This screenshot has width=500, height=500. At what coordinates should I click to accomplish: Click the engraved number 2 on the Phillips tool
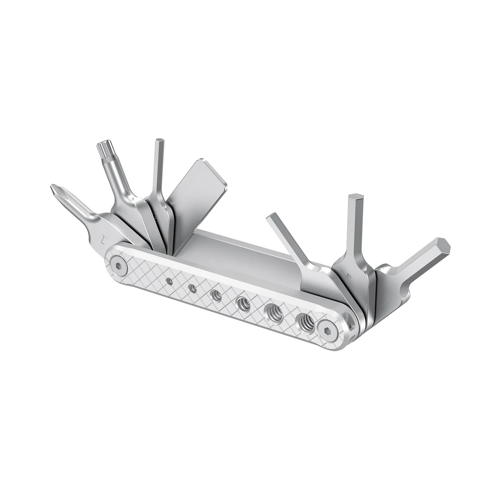[x=102, y=238]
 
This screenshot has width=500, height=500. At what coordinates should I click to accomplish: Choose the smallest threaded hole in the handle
[x=168, y=281]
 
